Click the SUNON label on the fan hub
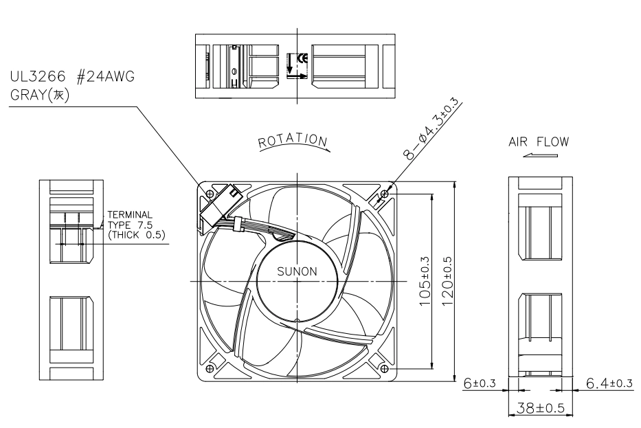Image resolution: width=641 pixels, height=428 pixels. click(297, 271)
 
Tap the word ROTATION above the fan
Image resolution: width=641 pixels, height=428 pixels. click(293, 140)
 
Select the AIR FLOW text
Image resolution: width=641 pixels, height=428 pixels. click(539, 142)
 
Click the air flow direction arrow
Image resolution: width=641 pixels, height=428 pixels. click(540, 155)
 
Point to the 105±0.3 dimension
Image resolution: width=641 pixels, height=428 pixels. click(425, 281)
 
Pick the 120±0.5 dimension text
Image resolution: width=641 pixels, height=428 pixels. click(447, 281)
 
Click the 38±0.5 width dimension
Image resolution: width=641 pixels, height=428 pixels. click(541, 407)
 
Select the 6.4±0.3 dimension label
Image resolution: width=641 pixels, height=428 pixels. click(609, 383)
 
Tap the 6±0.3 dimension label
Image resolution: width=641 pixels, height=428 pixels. click(479, 383)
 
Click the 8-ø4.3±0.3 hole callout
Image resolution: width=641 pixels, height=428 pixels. click(431, 128)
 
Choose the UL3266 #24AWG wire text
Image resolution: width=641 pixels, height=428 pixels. click(72, 76)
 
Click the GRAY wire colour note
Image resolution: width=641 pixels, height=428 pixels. click(40, 95)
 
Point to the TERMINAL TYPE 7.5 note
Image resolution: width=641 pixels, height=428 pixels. click(130, 220)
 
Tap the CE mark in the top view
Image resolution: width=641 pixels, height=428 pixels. click(304, 58)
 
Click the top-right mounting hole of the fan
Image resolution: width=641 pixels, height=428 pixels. click(384, 193)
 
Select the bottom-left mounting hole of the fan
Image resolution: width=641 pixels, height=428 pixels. click(210, 369)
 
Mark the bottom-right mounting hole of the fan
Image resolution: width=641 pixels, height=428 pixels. click(384, 369)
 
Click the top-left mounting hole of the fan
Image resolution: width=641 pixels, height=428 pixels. click(210, 193)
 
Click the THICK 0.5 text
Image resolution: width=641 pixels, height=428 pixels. click(137, 235)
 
